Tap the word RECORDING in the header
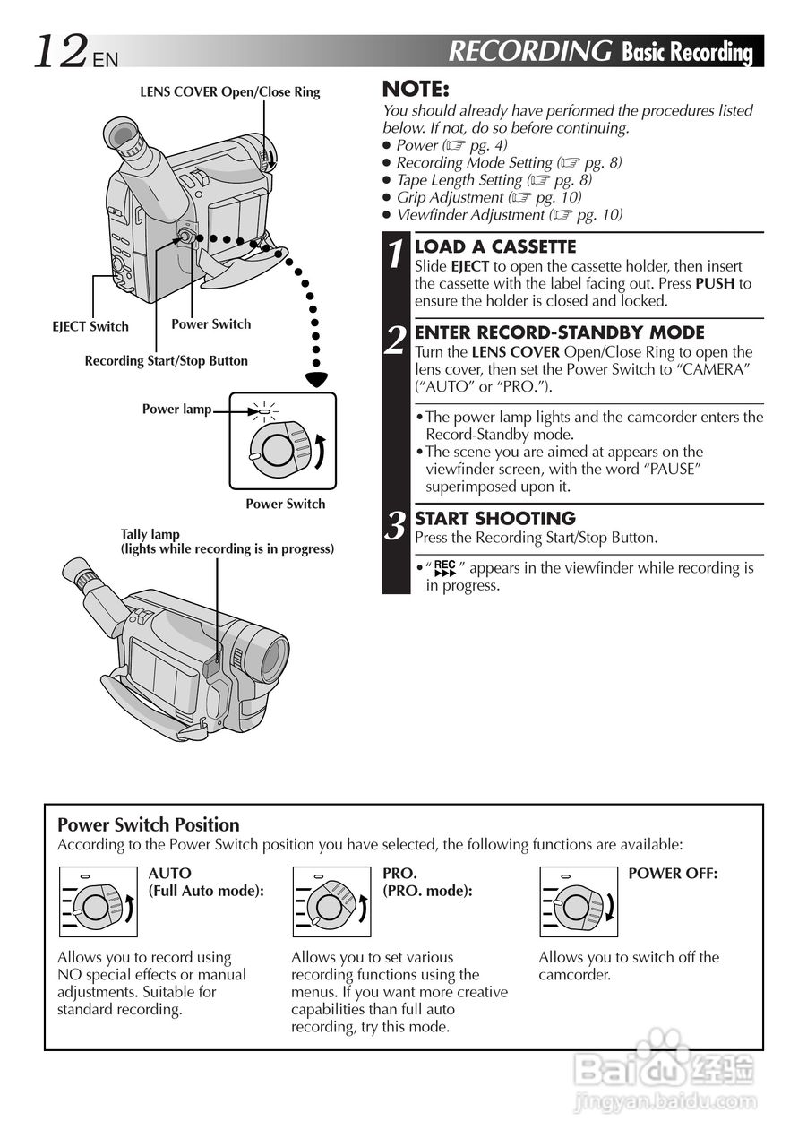pos(529,51)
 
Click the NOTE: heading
pos(416,89)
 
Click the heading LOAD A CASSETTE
pos(495,246)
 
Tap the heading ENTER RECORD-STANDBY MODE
pos(560,332)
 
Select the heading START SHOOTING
pos(494,518)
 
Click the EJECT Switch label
pos(90,326)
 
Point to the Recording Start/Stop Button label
pos(166,360)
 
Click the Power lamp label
pos(176,409)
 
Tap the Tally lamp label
pos(150,534)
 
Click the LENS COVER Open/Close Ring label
pos(229,91)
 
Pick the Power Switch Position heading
pos(149,824)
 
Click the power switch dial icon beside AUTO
pos(98,902)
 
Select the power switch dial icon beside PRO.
pos(331,902)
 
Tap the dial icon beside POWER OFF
pos(579,902)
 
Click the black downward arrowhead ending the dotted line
pos(316,379)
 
